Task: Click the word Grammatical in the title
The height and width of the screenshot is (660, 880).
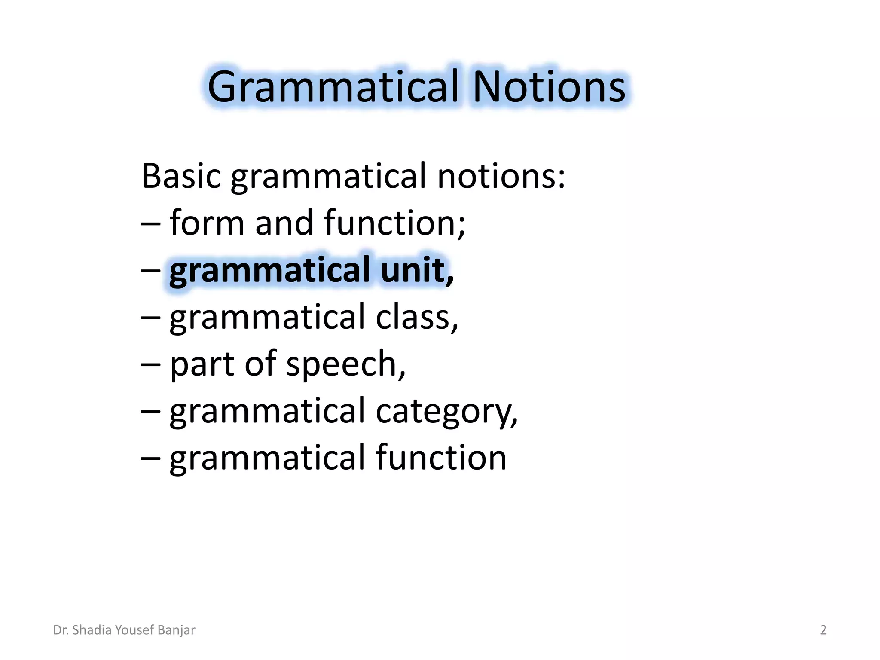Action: pyautogui.click(x=333, y=87)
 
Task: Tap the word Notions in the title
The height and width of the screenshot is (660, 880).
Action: pyautogui.click(x=549, y=87)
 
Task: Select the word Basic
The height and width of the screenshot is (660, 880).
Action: pyautogui.click(x=181, y=176)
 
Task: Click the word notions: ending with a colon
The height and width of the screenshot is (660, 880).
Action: pyautogui.click(x=501, y=176)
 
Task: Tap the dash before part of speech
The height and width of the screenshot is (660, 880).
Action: pyautogui.click(x=150, y=364)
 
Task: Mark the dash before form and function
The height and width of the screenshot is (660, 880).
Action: pyautogui.click(x=150, y=223)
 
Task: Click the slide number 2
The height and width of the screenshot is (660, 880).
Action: pyautogui.click(x=823, y=630)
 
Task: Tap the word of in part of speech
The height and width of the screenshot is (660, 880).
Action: pyautogui.click(x=260, y=364)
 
